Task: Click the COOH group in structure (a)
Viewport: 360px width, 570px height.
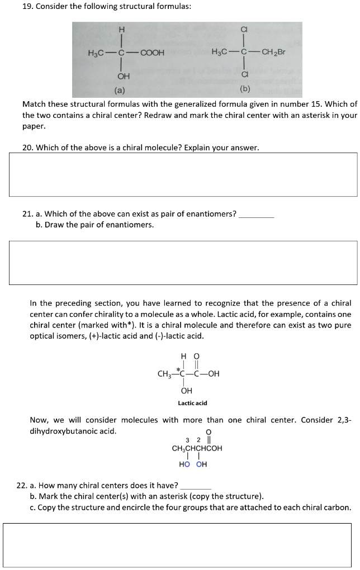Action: pyautogui.click(x=152, y=53)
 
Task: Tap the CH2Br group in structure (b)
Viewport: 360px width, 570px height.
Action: pyautogui.click(x=273, y=53)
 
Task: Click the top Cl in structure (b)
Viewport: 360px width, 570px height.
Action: pyautogui.click(x=244, y=30)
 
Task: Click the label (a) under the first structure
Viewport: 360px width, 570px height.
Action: pyautogui.click(x=120, y=90)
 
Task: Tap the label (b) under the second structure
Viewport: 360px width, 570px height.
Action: pyautogui.click(x=245, y=88)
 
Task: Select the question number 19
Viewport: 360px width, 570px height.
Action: pyautogui.click(x=21, y=6)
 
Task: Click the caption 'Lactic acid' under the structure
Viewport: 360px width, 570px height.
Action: pyautogui.click(x=192, y=403)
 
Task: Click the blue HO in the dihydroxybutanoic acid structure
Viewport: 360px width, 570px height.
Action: pyautogui.click(x=184, y=464)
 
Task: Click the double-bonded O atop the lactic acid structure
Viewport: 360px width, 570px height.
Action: pyautogui.click(x=196, y=356)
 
